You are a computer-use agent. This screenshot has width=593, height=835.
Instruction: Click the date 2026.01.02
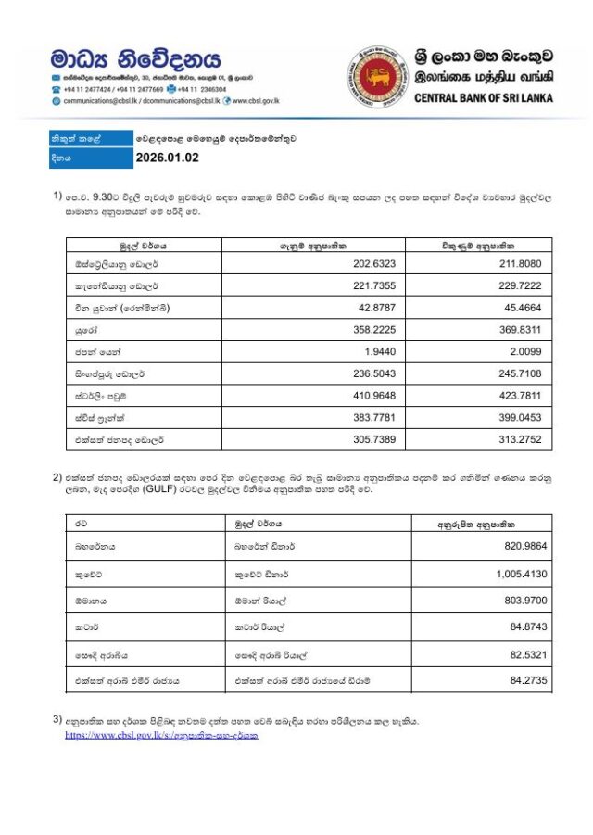pos(167,158)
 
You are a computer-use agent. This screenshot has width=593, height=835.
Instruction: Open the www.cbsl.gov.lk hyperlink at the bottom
pos(161,735)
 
